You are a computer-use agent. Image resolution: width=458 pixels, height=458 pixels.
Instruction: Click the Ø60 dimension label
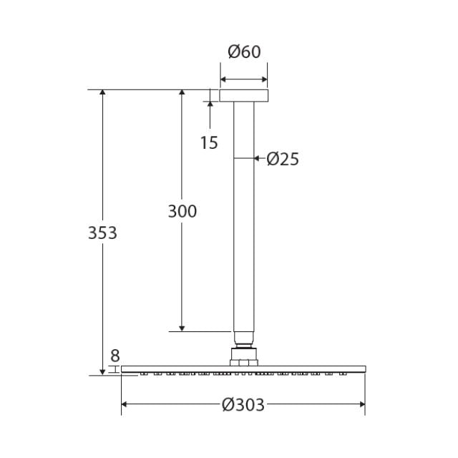[244, 52]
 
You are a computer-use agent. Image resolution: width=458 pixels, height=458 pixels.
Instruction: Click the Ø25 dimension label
[282, 159]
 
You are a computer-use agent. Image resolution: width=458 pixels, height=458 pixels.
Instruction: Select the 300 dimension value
[182, 211]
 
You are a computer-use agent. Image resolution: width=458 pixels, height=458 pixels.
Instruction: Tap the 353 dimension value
[102, 233]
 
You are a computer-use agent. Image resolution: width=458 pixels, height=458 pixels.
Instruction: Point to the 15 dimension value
[208, 143]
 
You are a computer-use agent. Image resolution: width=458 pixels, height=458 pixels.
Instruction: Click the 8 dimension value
[115, 355]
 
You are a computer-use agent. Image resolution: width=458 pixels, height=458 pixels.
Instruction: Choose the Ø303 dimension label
[243, 405]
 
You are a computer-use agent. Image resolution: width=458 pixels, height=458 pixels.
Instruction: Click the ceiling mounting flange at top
[243, 95]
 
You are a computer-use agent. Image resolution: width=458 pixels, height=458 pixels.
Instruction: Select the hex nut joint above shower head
[243, 356]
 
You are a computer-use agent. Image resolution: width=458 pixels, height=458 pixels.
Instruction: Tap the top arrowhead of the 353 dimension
[103, 94]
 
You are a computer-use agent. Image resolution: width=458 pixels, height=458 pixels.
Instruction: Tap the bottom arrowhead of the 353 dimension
[103, 370]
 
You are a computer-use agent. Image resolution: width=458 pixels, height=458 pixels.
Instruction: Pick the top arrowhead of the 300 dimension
[182, 94]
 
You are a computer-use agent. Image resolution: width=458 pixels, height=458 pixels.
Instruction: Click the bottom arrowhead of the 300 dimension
[182, 327]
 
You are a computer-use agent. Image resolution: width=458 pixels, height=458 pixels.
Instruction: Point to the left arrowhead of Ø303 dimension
[125, 405]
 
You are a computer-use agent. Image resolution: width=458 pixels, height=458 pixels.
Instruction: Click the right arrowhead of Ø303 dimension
[361, 405]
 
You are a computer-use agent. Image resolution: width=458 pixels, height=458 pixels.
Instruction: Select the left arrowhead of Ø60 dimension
[223, 79]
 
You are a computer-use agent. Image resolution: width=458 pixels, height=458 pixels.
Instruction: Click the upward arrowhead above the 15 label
[210, 104]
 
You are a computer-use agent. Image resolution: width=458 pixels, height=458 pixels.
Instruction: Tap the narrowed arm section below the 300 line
[243, 338]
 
